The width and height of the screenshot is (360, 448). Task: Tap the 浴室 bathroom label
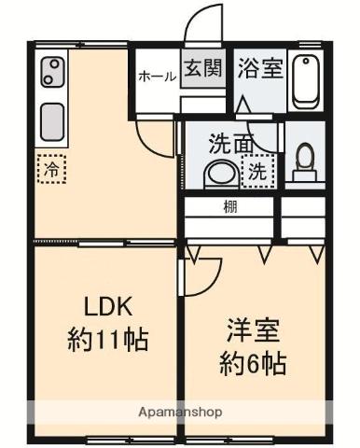coord(260,69)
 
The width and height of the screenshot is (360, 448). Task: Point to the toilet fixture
coord(304,164)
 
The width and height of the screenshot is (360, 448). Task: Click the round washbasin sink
coord(220,173)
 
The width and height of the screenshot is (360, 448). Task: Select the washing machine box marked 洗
coord(257,171)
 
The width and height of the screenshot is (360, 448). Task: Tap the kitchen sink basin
coord(53,120)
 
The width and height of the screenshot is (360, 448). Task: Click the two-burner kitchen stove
coord(53,72)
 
